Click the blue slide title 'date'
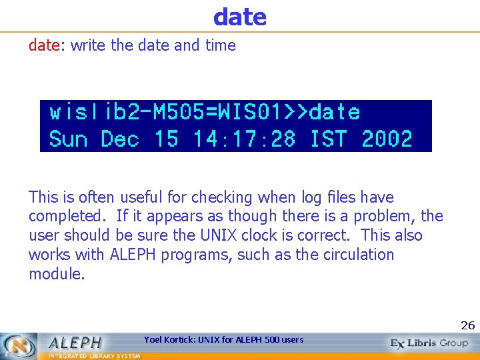click(x=240, y=17)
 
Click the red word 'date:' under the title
click(x=47, y=45)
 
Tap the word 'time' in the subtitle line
click(x=221, y=45)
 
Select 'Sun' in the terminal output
click(x=67, y=139)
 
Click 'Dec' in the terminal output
click(x=120, y=139)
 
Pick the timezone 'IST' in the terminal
click(x=328, y=139)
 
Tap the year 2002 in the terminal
click(x=387, y=139)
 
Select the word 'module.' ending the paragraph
click(x=57, y=274)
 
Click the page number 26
click(x=467, y=325)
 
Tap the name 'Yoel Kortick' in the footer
click(x=170, y=340)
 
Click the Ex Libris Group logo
click(x=430, y=343)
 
